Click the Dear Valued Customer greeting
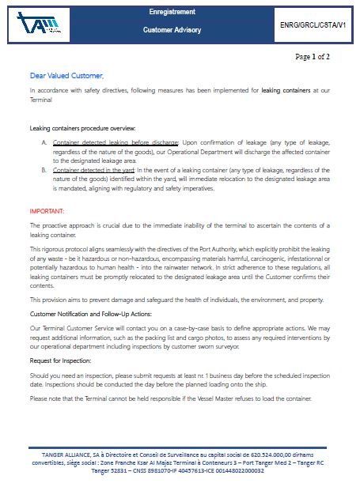point(66,75)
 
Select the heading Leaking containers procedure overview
point(82,128)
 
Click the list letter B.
point(44,170)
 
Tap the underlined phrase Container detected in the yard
point(93,170)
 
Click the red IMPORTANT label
point(47,212)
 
